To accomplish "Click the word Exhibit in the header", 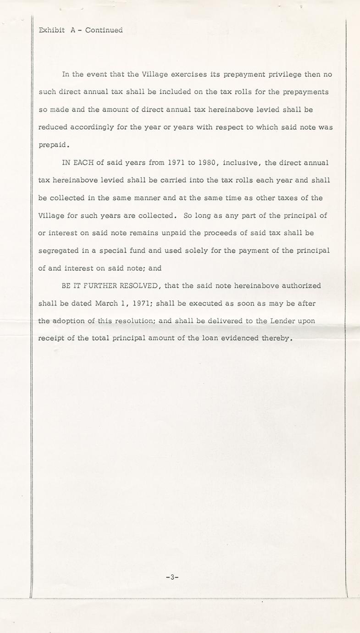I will [51, 30].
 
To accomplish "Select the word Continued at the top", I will [104, 30].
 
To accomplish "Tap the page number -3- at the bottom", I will [172, 577].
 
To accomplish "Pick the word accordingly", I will [92, 127].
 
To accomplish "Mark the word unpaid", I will [174, 233].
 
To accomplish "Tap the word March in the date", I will [106, 303].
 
